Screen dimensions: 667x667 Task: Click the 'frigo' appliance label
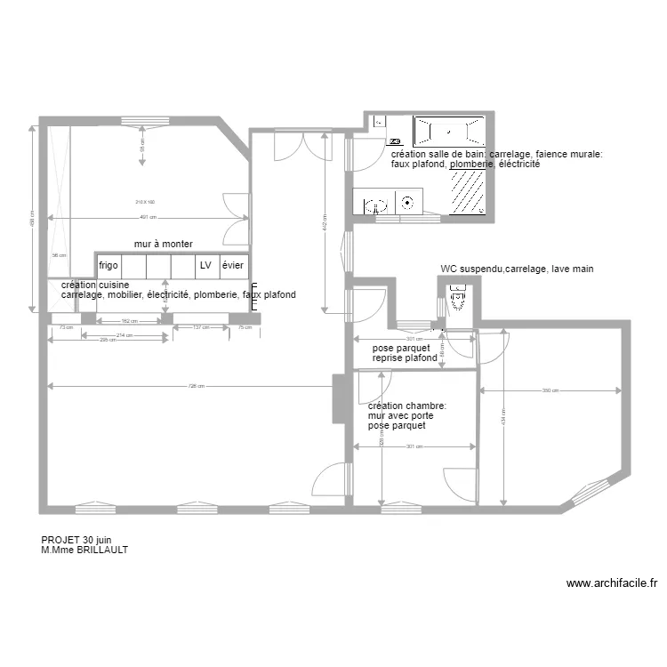(x=108, y=266)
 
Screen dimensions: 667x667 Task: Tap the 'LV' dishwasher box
(x=205, y=266)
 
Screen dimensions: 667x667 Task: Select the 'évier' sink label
(x=233, y=266)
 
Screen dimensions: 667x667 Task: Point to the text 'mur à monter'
(x=164, y=244)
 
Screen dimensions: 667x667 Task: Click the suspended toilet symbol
(x=458, y=300)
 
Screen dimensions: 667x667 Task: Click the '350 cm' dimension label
(x=550, y=390)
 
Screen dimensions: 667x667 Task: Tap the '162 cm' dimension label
(x=127, y=320)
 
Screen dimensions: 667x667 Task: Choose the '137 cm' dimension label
(x=200, y=327)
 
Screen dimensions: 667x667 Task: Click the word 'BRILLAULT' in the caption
(x=99, y=550)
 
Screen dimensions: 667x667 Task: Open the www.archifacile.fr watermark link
(x=611, y=584)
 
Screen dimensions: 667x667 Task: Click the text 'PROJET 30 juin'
(x=76, y=540)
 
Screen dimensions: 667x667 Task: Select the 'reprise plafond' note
(x=405, y=358)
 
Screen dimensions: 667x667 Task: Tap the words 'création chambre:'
(x=407, y=406)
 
